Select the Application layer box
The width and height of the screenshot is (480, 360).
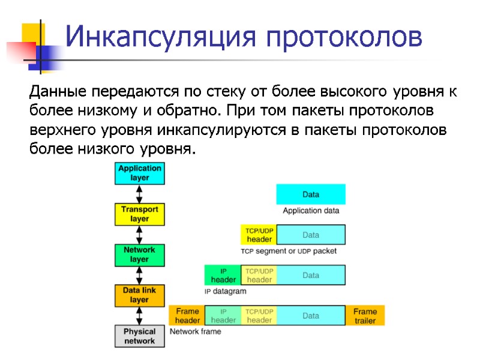(139, 173)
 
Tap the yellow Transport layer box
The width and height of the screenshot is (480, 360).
(139, 214)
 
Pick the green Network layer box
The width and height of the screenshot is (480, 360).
(139, 254)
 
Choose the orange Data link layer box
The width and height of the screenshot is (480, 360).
(139, 295)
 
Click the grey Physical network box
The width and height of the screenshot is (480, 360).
(139, 336)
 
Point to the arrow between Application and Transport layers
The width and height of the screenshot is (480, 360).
(139, 194)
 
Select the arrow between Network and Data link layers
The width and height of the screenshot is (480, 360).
(139, 275)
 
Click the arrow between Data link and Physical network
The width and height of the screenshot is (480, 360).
(139, 315)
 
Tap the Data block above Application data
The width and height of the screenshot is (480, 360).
(311, 194)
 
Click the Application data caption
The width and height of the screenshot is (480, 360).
(311, 211)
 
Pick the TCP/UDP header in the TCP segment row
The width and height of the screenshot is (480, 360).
(259, 235)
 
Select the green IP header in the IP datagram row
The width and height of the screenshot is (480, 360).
(223, 275)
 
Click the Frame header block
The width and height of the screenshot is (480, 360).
(187, 316)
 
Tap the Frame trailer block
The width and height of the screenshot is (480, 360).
(365, 316)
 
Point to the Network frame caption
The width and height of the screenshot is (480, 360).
(196, 331)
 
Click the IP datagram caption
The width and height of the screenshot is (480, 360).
(225, 291)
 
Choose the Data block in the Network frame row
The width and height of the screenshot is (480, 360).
(311, 316)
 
